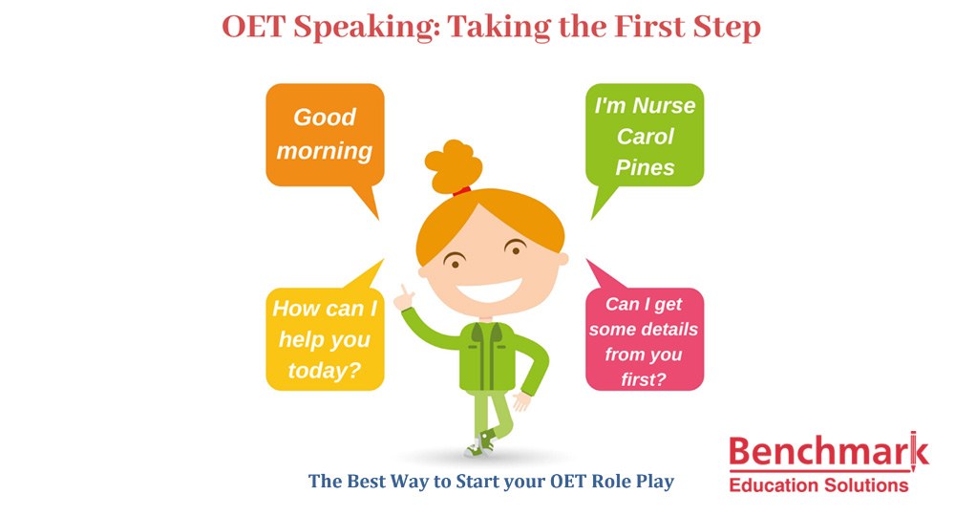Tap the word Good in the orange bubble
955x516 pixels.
pyautogui.click(x=325, y=117)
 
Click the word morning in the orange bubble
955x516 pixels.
pyautogui.click(x=325, y=150)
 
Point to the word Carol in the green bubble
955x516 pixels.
pyautogui.click(x=645, y=137)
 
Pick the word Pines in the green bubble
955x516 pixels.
pyautogui.click(x=645, y=167)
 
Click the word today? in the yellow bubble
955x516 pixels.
pyautogui.click(x=325, y=371)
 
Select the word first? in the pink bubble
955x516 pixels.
pyautogui.click(x=643, y=379)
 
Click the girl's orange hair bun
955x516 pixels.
pyautogui.click(x=453, y=165)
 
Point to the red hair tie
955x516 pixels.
pyautogui.click(x=461, y=191)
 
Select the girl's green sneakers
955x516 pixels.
pyautogui.click(x=481, y=443)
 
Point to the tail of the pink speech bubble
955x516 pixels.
pyautogui.click(x=603, y=274)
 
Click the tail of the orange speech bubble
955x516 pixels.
pyautogui.click(x=368, y=201)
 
